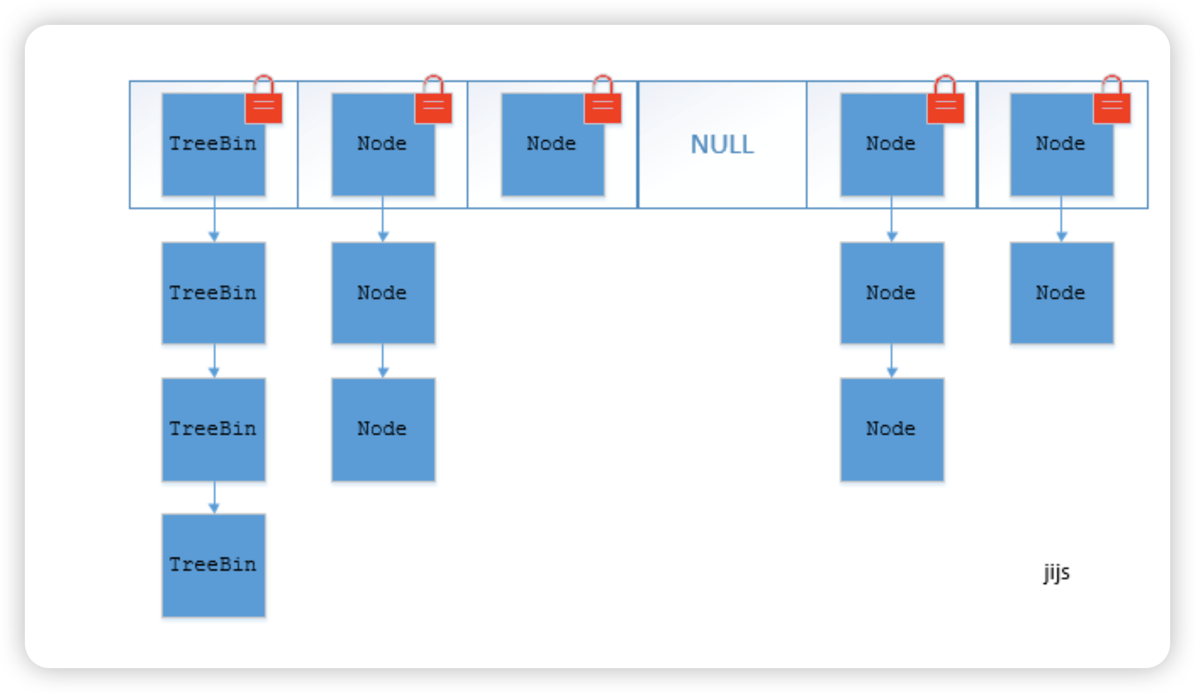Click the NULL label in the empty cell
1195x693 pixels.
[x=722, y=144]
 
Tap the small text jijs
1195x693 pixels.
[x=1056, y=572]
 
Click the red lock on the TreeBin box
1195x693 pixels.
[x=264, y=99]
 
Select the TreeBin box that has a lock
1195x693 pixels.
[x=214, y=145]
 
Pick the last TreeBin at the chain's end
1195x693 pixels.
[x=214, y=565]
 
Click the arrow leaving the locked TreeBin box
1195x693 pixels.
[x=214, y=219]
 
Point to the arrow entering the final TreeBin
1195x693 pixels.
[x=214, y=498]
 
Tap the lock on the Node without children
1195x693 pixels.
[x=602, y=99]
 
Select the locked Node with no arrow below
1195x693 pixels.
[x=553, y=145]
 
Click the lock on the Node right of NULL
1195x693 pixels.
[x=945, y=99]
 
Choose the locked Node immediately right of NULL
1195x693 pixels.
[x=892, y=145]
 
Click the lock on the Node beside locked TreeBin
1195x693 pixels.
[x=433, y=99]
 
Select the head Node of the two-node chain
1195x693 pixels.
[x=1062, y=145]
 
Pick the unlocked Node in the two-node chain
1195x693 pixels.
[x=1062, y=293]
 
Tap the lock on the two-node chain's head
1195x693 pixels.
[x=1112, y=99]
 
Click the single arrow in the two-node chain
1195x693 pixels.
[x=1062, y=219]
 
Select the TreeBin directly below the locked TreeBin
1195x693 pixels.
[x=214, y=293]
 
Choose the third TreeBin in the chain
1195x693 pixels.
[x=214, y=429]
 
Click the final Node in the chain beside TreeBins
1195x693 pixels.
[x=383, y=429]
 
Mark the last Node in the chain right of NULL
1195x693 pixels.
[x=892, y=429]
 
